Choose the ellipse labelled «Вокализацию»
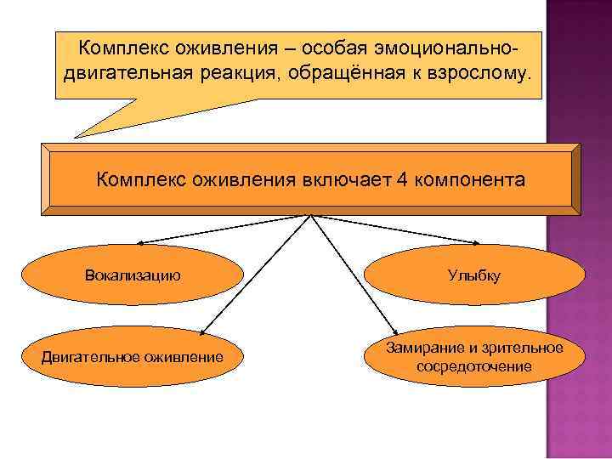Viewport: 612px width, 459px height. click(132, 275)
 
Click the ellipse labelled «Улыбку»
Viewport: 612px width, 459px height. click(474, 276)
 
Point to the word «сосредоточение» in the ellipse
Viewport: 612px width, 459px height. click(474, 366)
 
